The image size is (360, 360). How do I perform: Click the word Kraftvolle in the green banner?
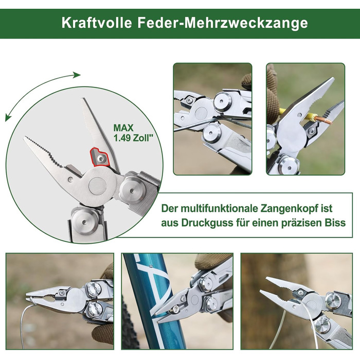pos(97,23)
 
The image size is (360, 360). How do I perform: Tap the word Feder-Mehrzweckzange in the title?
pos(223,23)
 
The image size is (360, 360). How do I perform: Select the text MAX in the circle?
pos(123,128)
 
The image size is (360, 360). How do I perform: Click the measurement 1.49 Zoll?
pos(133,138)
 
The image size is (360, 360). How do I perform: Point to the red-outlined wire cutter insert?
pos(99,157)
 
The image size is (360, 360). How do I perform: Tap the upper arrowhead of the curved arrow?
pos(77,75)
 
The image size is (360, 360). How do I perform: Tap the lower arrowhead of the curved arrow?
pos(8,118)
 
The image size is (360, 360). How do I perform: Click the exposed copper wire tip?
pos(323,119)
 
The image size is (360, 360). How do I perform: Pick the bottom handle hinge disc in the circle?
pos(84,222)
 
